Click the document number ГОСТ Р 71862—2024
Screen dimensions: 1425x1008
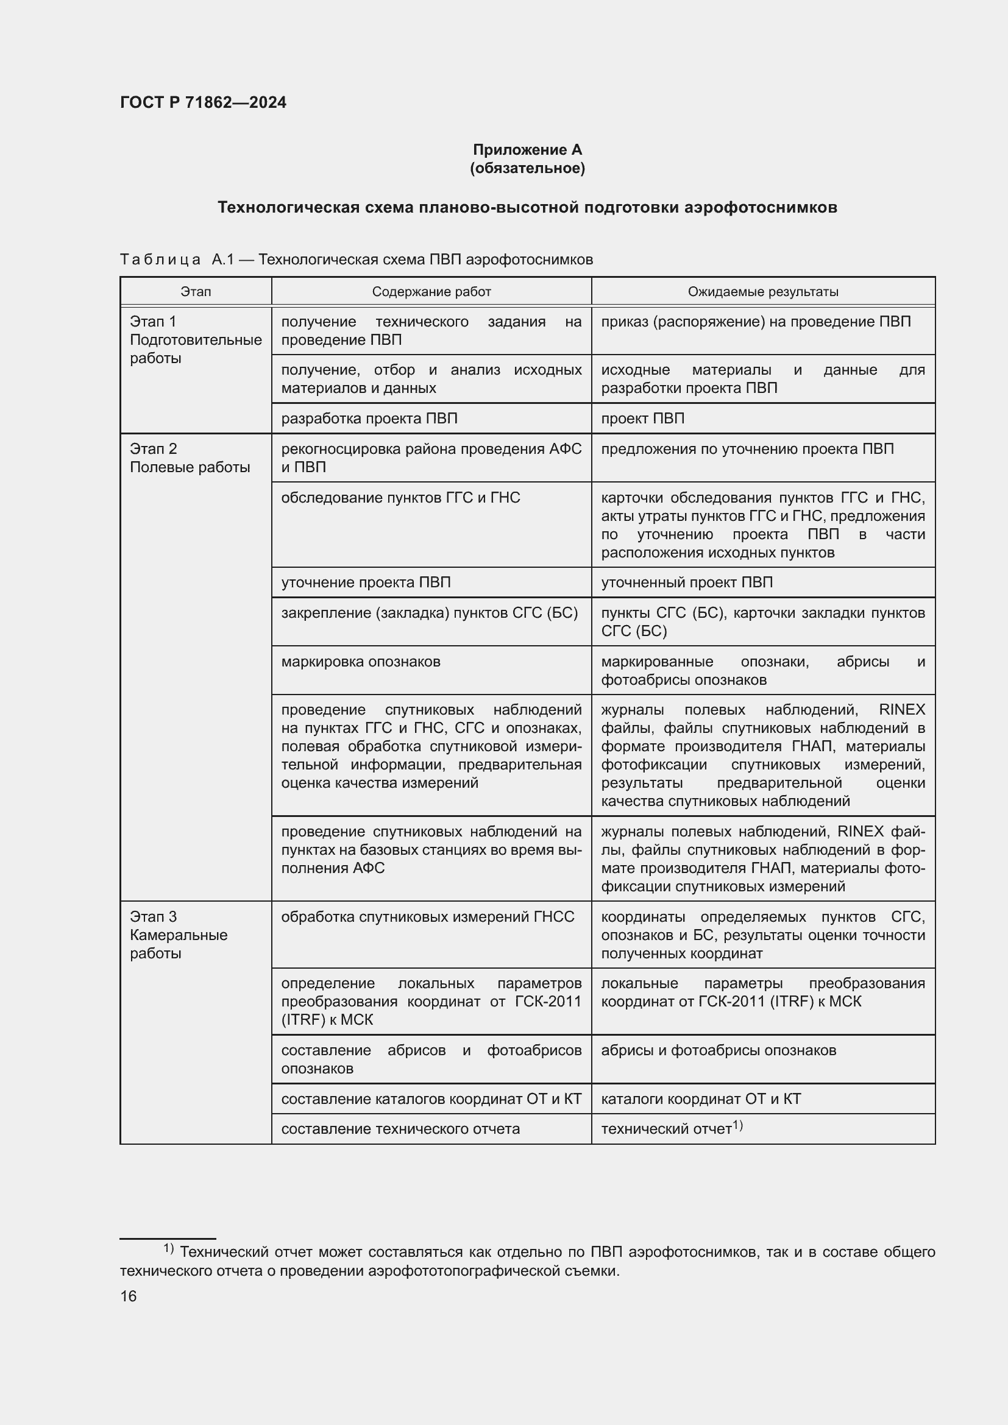click(x=203, y=102)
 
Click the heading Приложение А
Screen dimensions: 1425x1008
click(x=527, y=150)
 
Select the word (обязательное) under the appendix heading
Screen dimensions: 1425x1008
click(x=527, y=168)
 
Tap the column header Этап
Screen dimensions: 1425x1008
click(x=196, y=292)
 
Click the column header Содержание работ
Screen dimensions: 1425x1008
click(x=431, y=292)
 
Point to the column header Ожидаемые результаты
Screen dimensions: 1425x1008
click(x=763, y=292)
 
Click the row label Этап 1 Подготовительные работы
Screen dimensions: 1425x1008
click(x=195, y=339)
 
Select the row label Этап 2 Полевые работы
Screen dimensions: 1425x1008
click(x=190, y=458)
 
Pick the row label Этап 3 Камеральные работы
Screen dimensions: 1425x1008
click(x=178, y=935)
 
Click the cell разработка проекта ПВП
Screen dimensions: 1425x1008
click(x=369, y=419)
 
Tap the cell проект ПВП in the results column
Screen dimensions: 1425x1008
click(x=642, y=419)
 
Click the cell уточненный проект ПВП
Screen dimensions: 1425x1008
click(x=686, y=582)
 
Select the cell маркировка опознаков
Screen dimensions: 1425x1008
click(x=361, y=662)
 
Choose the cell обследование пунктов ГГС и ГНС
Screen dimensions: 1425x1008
click(x=400, y=498)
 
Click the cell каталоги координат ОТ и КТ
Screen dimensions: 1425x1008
click(x=701, y=1099)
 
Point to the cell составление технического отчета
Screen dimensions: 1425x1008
click(x=400, y=1129)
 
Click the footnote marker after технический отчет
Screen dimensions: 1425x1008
click(x=737, y=1125)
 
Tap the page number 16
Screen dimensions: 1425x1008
click(x=129, y=1296)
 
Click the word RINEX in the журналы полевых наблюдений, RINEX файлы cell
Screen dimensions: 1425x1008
click(x=902, y=709)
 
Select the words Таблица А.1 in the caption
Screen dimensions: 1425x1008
click(x=176, y=260)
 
